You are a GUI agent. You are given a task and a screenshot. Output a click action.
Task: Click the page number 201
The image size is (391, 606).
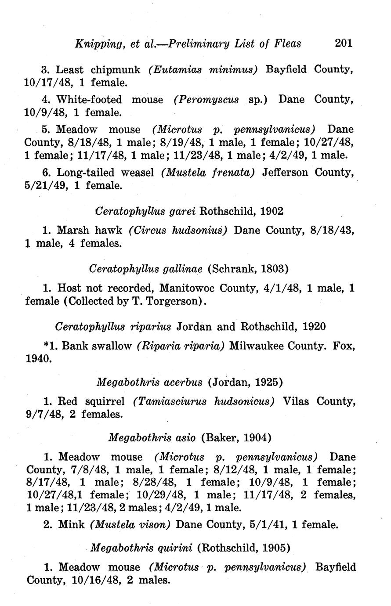pos(344,43)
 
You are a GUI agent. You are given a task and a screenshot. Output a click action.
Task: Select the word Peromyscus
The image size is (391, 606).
pos(206,99)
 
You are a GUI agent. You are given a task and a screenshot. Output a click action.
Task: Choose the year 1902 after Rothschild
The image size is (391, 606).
pos(272,211)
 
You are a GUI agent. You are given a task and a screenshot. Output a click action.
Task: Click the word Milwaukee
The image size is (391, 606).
pos(256,346)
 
